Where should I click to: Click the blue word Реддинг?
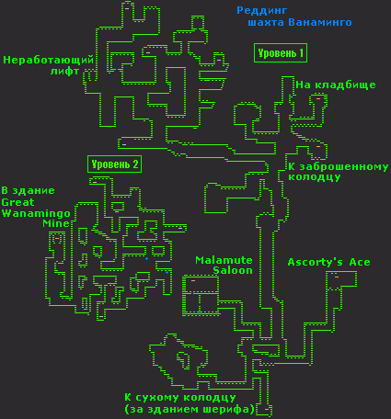pyautogui.click(x=262, y=11)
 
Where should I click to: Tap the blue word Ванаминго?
pyautogui.click(x=320, y=22)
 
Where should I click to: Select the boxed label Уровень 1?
pyautogui.click(x=281, y=53)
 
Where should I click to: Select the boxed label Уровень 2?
pyautogui.click(x=114, y=164)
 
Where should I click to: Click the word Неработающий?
pyautogui.click(x=48, y=60)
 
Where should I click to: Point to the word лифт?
pyautogui.click(x=64, y=72)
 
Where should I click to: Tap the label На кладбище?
pyautogui.click(x=336, y=85)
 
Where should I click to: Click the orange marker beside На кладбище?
pyautogui.click(x=318, y=98)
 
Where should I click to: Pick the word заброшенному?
pyautogui.click(x=344, y=167)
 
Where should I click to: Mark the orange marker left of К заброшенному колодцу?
pyautogui.click(x=318, y=147)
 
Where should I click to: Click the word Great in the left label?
pyautogui.click(x=17, y=202)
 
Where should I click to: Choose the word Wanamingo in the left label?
pyautogui.click(x=36, y=213)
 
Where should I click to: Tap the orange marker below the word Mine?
pyautogui.click(x=57, y=238)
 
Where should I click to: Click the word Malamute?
pyautogui.click(x=224, y=260)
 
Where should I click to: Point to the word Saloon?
pyautogui.click(x=233, y=270)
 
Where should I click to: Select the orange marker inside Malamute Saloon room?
pyautogui.click(x=193, y=280)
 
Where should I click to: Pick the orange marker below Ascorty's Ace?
pyautogui.click(x=337, y=277)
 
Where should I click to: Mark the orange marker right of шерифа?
pyautogui.click(x=267, y=409)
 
